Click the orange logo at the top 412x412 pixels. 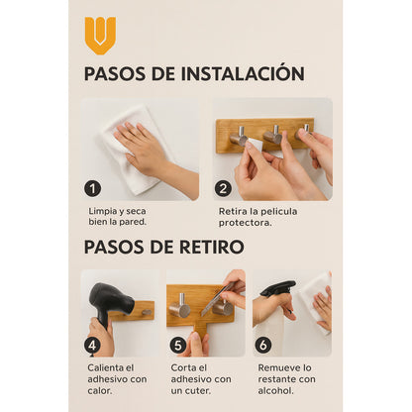point(100,34)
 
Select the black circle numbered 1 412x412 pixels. point(93,188)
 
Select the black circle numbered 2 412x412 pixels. point(223,188)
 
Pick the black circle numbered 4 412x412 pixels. point(92,345)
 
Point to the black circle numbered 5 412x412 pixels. point(178,345)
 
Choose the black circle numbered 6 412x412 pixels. point(264,345)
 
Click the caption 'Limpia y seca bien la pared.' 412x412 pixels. point(119,217)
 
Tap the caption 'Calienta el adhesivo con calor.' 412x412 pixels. point(118,379)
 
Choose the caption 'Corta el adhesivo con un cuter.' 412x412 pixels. point(202,379)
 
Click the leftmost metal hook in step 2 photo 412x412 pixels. point(239,136)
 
